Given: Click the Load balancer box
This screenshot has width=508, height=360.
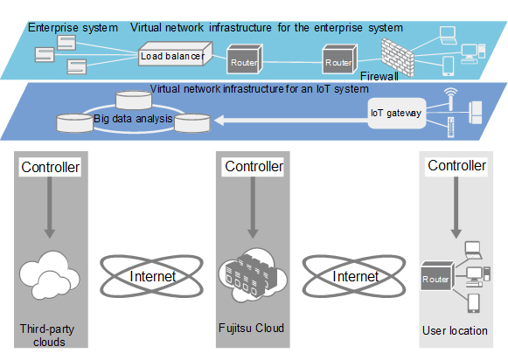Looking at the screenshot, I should [172, 58].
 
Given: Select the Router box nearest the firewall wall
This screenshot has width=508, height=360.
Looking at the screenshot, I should [338, 63].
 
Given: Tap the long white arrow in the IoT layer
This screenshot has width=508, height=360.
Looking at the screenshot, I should [289, 123].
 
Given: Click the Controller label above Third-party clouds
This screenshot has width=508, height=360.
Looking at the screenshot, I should [49, 167].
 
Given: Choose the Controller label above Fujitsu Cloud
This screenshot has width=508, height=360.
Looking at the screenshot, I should [254, 166].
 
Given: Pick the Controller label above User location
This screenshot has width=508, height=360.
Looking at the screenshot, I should [456, 166].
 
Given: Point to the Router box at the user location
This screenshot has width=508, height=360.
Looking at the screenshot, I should [435, 277].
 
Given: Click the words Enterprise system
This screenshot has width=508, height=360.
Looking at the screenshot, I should [73, 28].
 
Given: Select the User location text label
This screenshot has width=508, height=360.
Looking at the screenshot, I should [455, 330].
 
